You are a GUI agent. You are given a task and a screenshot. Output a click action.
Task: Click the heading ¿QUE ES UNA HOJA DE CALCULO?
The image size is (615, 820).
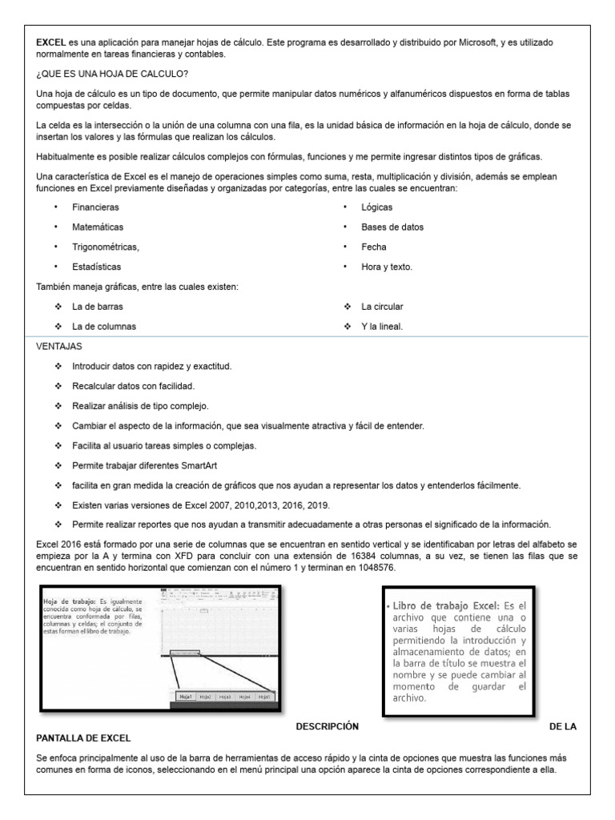pyautogui.click(x=112, y=74)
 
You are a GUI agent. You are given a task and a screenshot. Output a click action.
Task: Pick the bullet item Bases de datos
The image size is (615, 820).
pyautogui.click(x=392, y=227)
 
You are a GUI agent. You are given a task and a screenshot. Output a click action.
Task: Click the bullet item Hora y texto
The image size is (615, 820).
pyautogui.click(x=387, y=267)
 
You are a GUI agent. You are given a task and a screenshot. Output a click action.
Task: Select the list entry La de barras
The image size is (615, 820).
pyautogui.click(x=97, y=307)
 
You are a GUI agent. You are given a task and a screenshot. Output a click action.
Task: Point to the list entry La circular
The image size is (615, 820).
pyautogui.click(x=382, y=307)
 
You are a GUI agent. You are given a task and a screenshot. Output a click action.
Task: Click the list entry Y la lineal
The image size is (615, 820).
pyautogui.click(x=382, y=327)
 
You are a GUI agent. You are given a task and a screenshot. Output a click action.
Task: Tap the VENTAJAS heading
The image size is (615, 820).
pyautogui.click(x=59, y=347)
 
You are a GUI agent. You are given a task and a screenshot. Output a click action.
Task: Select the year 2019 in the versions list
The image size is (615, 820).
pyautogui.click(x=316, y=505)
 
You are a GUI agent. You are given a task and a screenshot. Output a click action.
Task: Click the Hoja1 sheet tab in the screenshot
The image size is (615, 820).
pyautogui.click(x=187, y=697)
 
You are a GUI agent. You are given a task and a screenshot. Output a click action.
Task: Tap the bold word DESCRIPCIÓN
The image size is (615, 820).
pyautogui.click(x=327, y=726)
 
